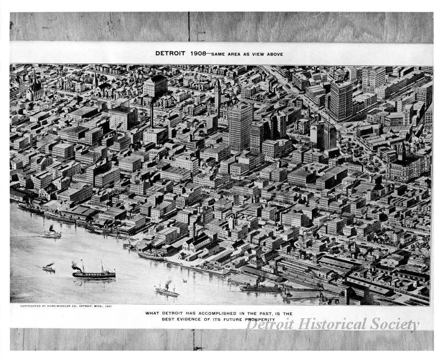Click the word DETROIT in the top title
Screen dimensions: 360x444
pos(171,53)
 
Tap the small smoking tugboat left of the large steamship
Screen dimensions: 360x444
pos(49,269)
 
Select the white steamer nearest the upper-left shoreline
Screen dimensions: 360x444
pos(52,235)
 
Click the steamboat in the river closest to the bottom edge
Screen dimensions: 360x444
pos(167,292)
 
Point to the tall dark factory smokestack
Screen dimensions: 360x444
pos(152,115)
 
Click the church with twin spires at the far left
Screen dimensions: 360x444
pos(34,89)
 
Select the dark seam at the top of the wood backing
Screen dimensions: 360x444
pos(189,27)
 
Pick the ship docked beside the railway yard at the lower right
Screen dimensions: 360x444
pos(261,287)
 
